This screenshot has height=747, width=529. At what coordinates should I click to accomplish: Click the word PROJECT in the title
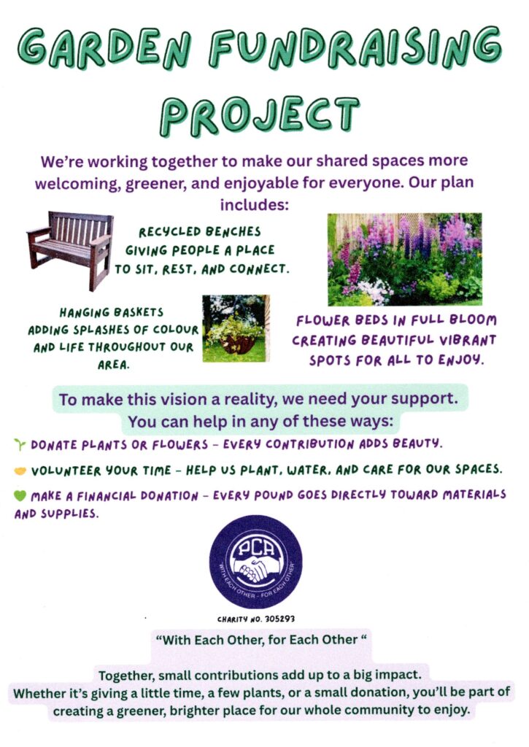click(x=259, y=116)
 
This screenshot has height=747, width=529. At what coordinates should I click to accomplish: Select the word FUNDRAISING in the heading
click(x=355, y=47)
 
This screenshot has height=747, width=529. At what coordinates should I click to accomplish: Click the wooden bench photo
click(x=70, y=250)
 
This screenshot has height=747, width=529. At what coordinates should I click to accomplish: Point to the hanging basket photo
click(x=236, y=328)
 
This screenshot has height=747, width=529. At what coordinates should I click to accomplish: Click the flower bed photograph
click(x=405, y=259)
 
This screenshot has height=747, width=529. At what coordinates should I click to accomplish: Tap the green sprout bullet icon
click(x=20, y=445)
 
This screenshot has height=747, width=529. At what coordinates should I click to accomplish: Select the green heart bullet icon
click(x=20, y=495)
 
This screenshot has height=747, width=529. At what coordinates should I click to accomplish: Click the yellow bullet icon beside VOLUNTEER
click(x=20, y=471)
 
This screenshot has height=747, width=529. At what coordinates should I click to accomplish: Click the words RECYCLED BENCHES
click(x=200, y=232)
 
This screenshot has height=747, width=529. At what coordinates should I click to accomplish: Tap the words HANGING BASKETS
click(x=112, y=312)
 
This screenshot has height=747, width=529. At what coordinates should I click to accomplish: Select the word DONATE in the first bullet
click(x=54, y=445)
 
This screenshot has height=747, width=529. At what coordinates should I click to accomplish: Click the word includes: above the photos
click(x=255, y=205)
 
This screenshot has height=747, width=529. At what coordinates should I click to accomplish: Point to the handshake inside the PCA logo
click(x=252, y=568)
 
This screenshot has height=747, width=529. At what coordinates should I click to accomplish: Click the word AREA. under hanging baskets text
click(x=113, y=365)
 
